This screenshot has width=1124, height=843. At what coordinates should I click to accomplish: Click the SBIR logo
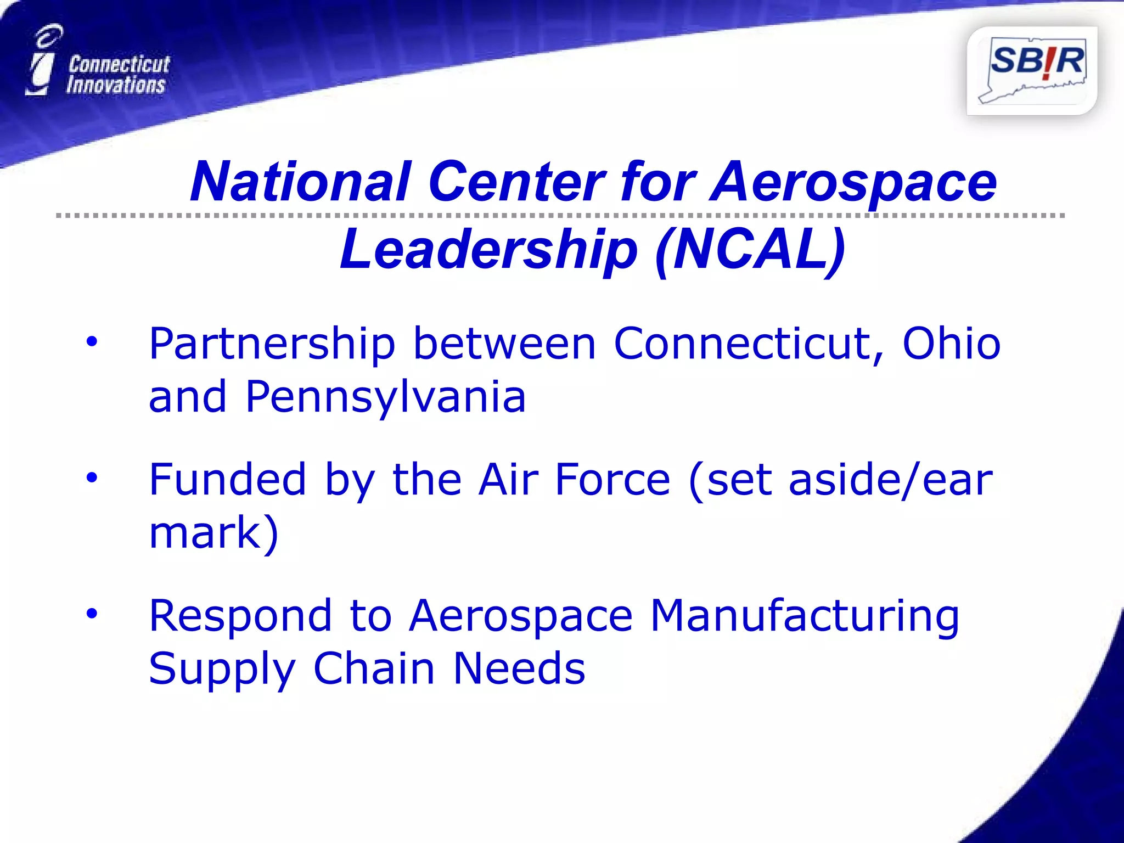(x=1032, y=70)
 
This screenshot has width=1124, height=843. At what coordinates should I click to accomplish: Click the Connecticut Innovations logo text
(x=117, y=75)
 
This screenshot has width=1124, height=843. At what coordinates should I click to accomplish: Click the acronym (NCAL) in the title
(x=750, y=250)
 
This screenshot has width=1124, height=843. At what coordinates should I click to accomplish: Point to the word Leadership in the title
(x=488, y=250)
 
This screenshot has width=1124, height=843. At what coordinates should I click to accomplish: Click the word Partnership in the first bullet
(x=272, y=345)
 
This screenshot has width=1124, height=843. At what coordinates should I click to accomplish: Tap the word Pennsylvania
(x=385, y=397)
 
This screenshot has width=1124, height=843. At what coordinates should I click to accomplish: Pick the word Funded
(x=227, y=480)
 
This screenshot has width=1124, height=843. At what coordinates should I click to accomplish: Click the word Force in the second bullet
(x=612, y=480)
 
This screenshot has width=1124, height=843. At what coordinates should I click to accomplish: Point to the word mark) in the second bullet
(x=214, y=533)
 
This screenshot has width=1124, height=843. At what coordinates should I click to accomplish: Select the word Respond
(x=240, y=616)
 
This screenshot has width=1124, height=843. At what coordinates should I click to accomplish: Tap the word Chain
(x=374, y=669)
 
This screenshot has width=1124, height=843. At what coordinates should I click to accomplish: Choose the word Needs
(x=519, y=669)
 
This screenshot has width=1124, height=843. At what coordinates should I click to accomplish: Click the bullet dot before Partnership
(x=92, y=341)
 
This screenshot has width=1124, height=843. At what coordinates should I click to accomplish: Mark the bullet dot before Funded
(x=92, y=477)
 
